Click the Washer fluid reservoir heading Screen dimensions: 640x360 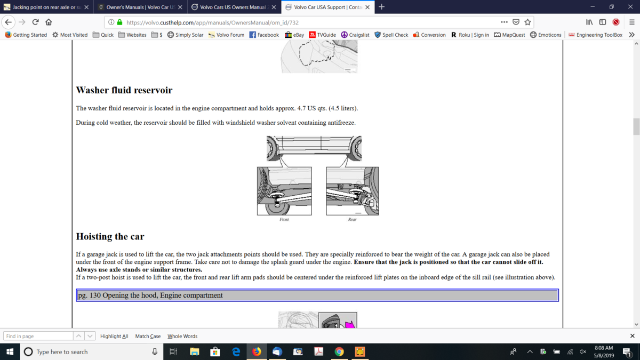click(124, 90)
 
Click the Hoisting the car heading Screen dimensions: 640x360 click(110, 237)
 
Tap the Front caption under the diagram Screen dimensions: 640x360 click(284, 219)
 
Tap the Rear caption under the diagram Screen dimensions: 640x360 click(353, 219)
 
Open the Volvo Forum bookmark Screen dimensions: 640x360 click(226, 35)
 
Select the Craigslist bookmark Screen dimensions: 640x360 click(355, 35)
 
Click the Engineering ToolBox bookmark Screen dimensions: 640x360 click(595, 35)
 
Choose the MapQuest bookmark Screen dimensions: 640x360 click(509, 35)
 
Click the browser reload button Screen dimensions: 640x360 click(35, 22)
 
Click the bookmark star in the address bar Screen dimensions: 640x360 click(527, 22)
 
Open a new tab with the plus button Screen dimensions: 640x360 click(381, 7)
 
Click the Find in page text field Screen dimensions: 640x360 click(38, 336)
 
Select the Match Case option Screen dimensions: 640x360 click(148, 337)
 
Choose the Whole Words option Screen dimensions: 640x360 click(182, 337)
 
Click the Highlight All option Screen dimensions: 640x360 click(114, 337)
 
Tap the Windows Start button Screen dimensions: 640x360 click(10, 351)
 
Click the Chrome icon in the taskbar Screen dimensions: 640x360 click(339, 351)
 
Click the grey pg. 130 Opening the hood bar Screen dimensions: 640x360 click(317, 295)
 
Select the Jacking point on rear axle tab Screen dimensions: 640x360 click(46, 7)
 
